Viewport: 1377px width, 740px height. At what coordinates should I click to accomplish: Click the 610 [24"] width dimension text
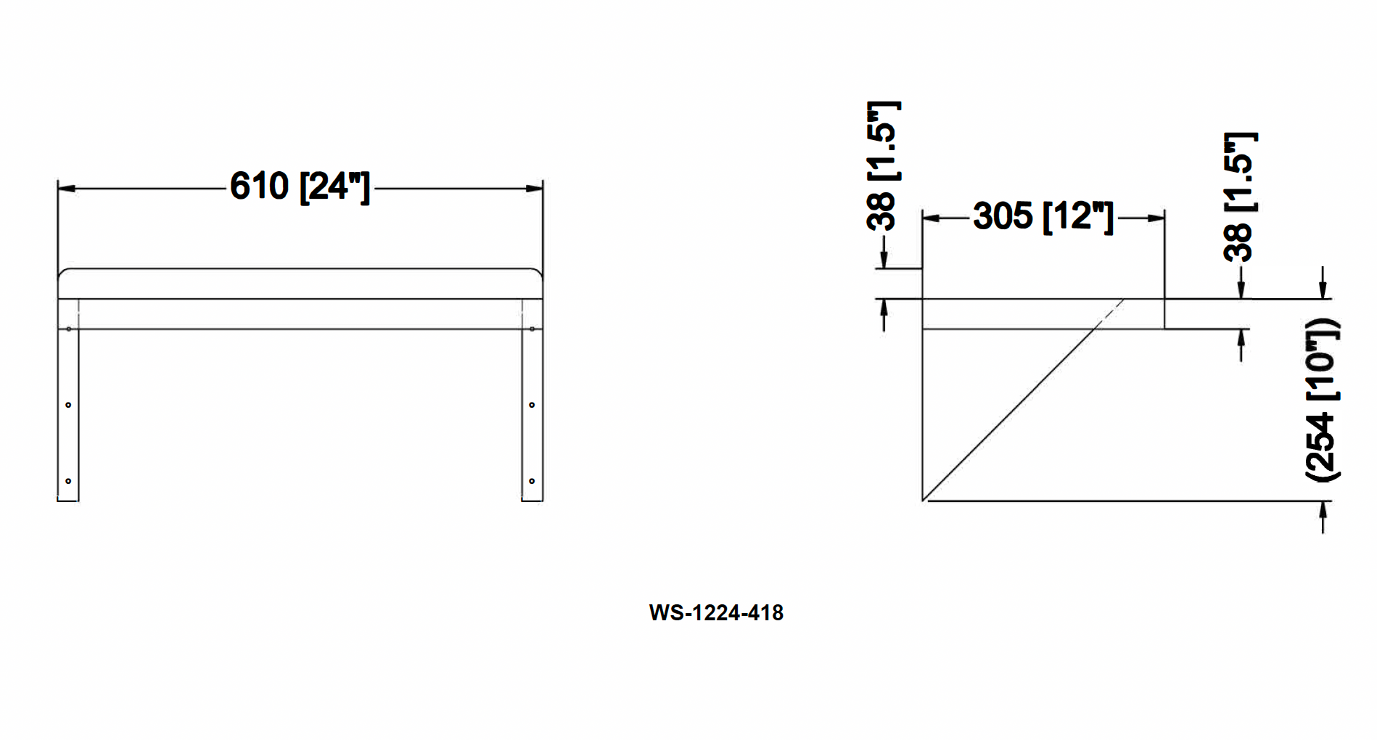(300, 187)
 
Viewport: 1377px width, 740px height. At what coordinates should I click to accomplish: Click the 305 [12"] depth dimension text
(1043, 216)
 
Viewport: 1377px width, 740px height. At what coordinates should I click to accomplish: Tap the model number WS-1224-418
(716, 613)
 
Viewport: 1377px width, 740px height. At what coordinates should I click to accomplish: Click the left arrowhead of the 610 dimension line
(66, 189)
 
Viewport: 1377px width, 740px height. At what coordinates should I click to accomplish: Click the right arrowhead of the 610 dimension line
(535, 189)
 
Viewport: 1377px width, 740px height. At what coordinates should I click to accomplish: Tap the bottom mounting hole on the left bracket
(68, 481)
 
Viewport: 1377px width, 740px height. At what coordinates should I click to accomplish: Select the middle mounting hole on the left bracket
(68, 405)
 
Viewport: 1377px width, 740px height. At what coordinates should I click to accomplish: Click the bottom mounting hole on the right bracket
(532, 481)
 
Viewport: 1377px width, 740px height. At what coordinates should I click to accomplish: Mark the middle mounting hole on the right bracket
(532, 405)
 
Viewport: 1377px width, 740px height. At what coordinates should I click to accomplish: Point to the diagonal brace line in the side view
(1023, 400)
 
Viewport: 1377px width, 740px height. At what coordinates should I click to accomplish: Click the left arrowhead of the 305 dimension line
(931, 218)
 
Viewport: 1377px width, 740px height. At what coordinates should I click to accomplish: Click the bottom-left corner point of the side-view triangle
(923, 500)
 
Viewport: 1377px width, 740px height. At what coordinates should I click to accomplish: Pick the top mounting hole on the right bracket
(532, 329)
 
